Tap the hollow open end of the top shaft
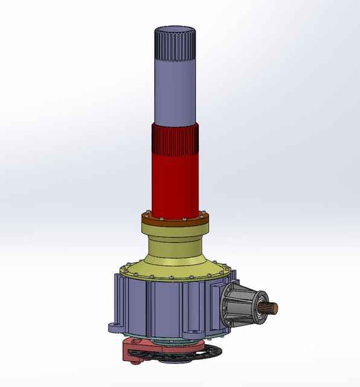tap(175, 30)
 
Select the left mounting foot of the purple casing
tap(115, 328)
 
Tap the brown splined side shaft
tap(273, 308)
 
